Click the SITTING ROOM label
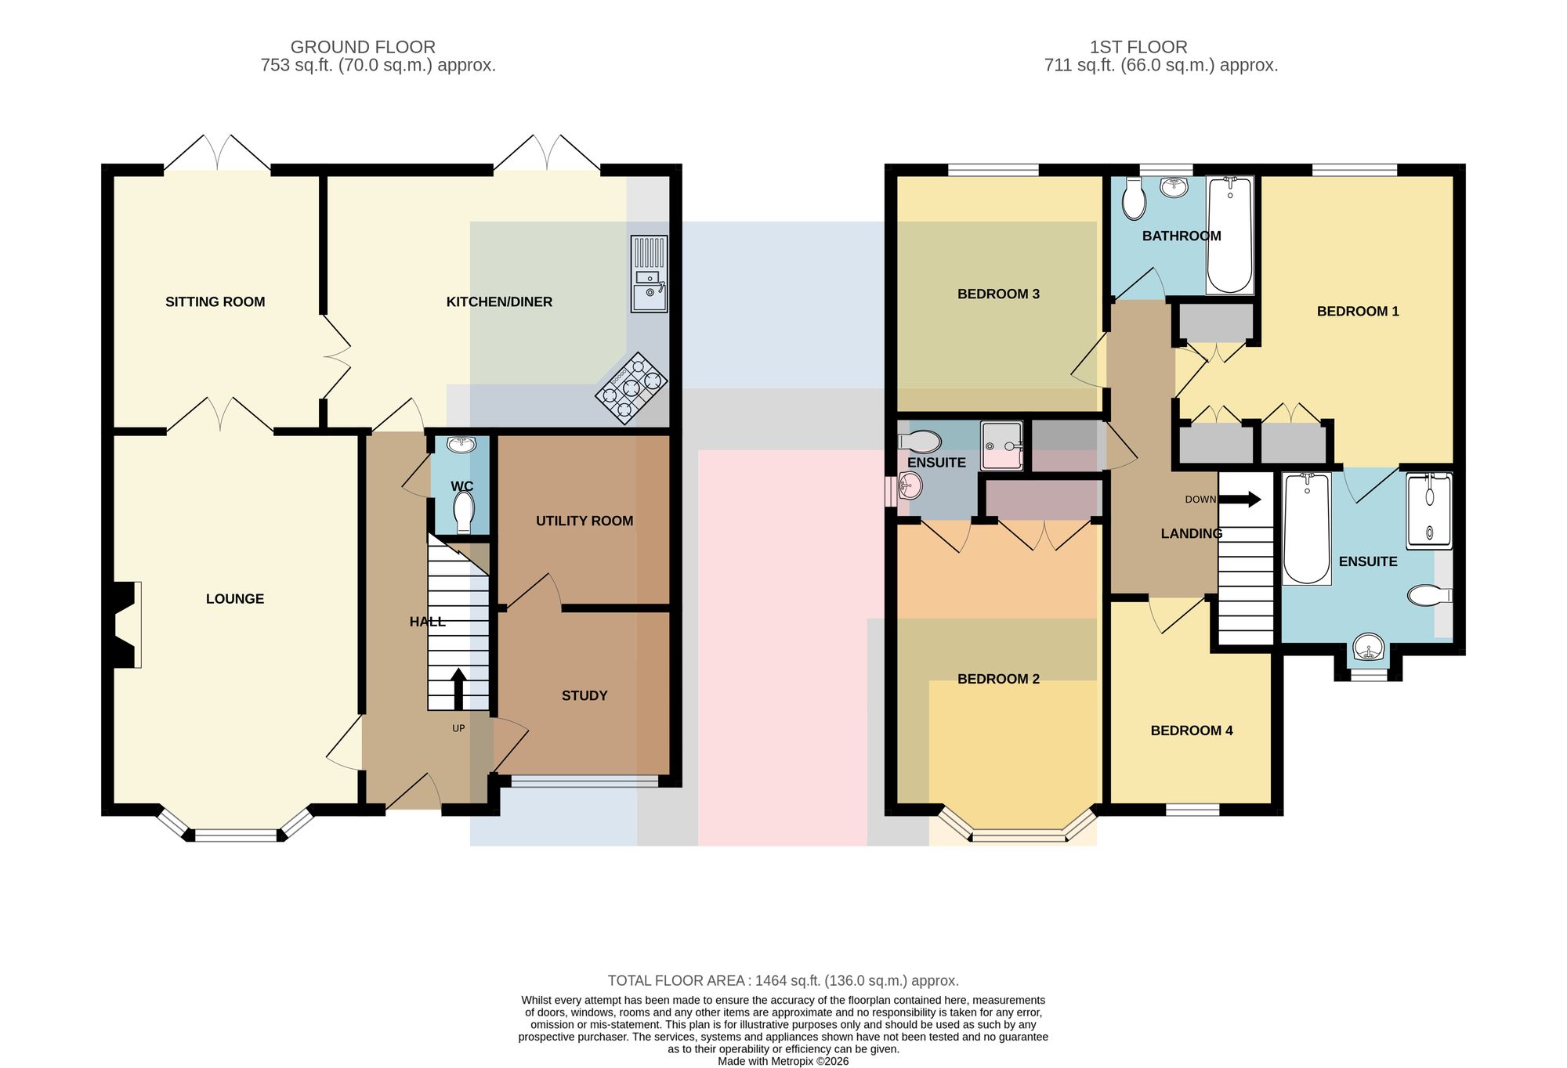pyautogui.click(x=215, y=302)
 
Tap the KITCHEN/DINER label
pyautogui.click(x=499, y=302)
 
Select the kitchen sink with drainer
pyautogui.click(x=650, y=274)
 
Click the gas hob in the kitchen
pyautogui.click(x=632, y=388)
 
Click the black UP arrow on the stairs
pyautogui.click(x=458, y=688)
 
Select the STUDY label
pyautogui.click(x=584, y=695)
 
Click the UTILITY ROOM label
pyautogui.click(x=584, y=521)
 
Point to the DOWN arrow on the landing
pyautogui.click(x=1240, y=499)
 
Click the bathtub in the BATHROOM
pyautogui.click(x=1229, y=235)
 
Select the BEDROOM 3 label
pyautogui.click(x=998, y=294)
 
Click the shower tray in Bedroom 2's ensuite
pyautogui.click(x=1002, y=446)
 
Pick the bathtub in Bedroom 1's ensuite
pyautogui.click(x=1307, y=529)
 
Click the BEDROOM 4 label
pyautogui.click(x=1192, y=731)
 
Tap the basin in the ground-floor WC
pyautogui.click(x=461, y=445)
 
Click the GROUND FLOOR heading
pyautogui.click(x=363, y=47)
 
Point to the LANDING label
pyautogui.click(x=1192, y=533)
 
